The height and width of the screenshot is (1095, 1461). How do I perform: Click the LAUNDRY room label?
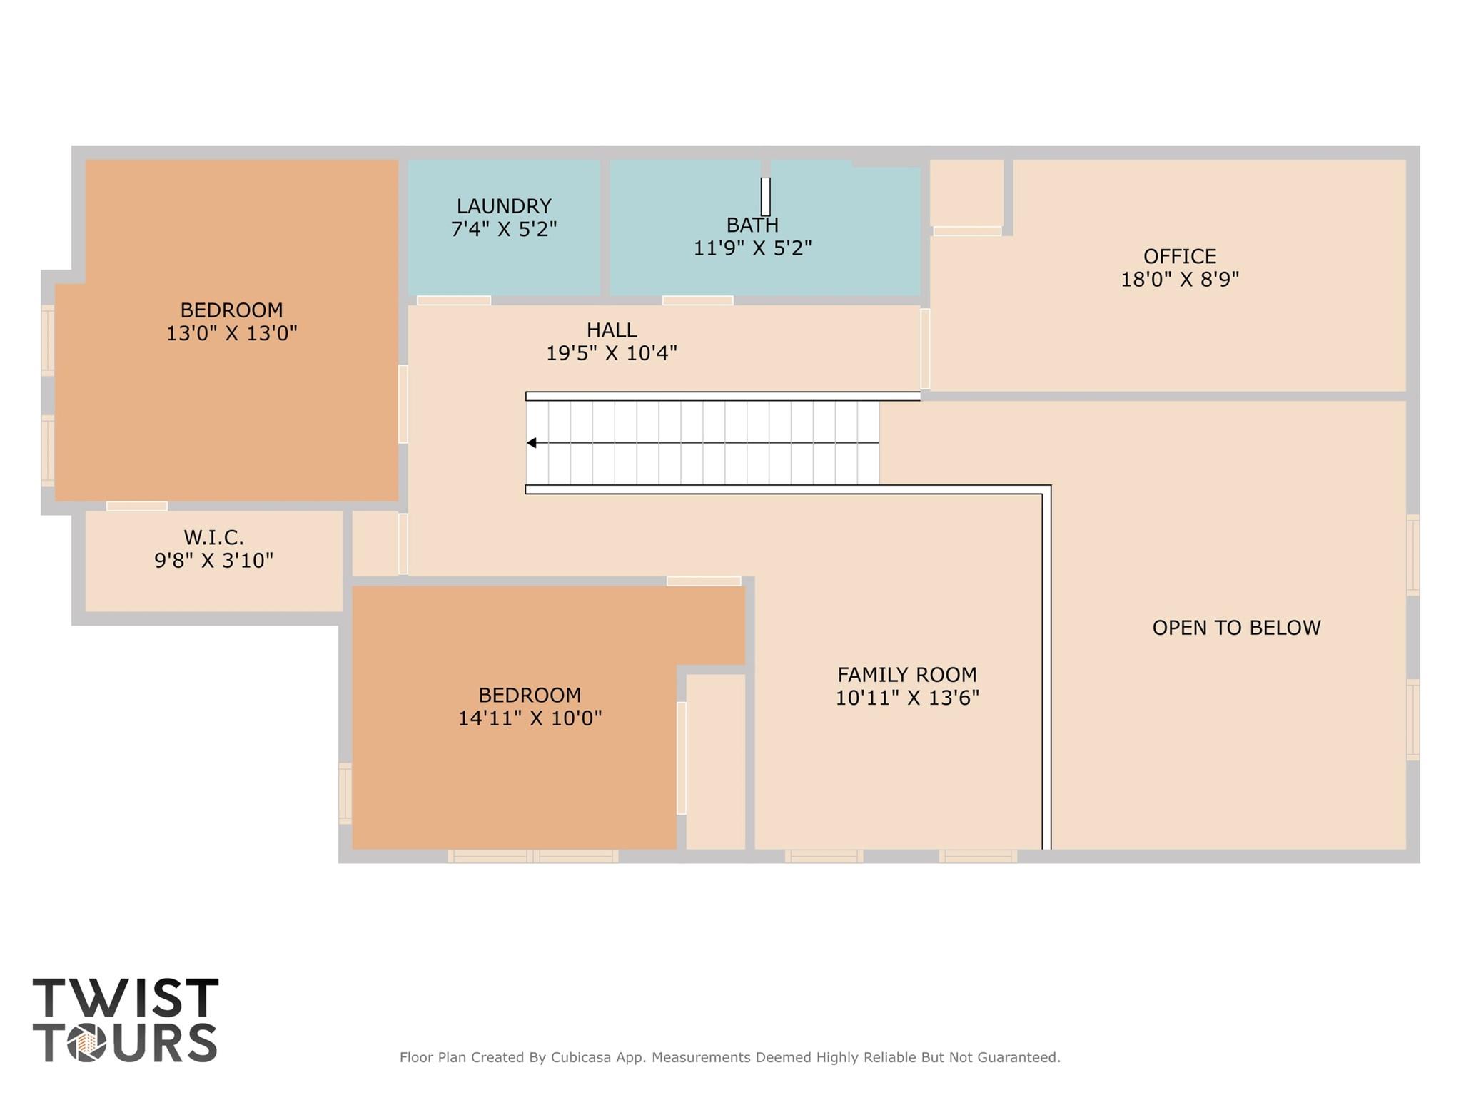coord(504,206)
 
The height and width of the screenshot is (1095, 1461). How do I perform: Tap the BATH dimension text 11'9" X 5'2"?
coord(752,248)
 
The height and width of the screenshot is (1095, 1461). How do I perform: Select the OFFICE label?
coord(1179,256)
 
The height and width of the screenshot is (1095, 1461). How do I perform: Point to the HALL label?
coord(612,330)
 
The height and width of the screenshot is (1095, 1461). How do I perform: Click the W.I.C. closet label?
coord(213,537)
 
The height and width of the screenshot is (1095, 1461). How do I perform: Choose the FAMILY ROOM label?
coord(906,674)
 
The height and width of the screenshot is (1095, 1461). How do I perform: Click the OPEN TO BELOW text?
coord(1236,628)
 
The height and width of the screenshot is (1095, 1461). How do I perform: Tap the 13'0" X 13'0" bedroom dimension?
coord(231,333)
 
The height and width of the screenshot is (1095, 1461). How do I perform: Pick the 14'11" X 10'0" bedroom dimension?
coord(530,718)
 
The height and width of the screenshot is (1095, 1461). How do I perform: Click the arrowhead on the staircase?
coord(532,443)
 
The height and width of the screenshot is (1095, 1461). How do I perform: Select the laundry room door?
coord(454,300)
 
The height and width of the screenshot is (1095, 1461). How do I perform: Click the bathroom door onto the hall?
coord(697,300)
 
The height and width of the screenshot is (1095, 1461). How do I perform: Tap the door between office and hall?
coord(925,348)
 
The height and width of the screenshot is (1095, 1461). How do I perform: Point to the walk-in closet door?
coord(137,506)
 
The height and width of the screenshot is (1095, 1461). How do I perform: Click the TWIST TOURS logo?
coord(126,1019)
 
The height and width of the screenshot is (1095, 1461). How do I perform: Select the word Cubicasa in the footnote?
coord(580,1057)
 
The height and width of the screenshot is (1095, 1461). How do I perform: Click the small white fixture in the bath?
coord(765,197)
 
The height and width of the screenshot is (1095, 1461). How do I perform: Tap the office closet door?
coord(967,231)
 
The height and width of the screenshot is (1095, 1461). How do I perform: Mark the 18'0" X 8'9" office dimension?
coord(1179,279)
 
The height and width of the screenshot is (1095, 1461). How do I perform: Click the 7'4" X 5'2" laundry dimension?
coord(504,229)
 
